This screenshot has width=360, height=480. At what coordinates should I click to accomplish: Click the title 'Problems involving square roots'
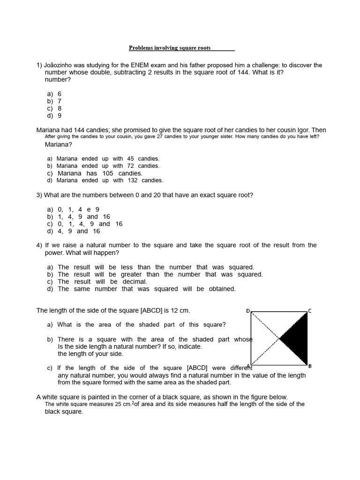170,48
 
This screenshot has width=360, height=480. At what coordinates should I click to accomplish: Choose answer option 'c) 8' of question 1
54,108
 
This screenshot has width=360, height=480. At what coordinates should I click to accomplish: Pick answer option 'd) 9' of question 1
54,116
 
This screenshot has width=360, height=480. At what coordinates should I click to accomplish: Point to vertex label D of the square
248,311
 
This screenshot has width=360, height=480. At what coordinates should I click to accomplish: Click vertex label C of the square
309,311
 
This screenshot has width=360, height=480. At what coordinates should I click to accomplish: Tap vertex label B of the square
310,366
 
